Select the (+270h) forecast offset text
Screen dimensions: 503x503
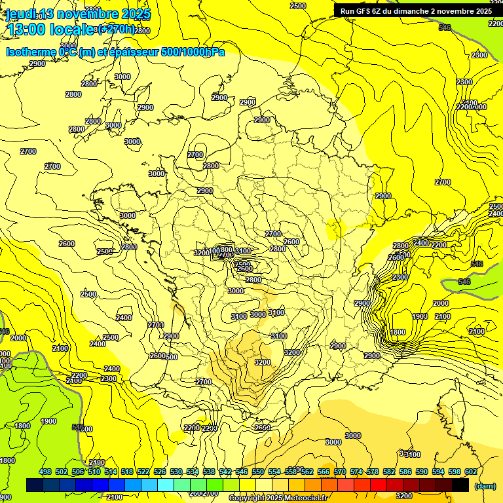[x=116, y=29]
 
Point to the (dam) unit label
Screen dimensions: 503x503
[x=484, y=486]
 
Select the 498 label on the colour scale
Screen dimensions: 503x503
[x=45, y=472]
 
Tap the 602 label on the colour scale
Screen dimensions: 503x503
[x=471, y=472]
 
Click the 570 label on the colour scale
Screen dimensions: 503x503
[x=340, y=472]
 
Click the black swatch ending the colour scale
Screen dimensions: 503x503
[x=460, y=485]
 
